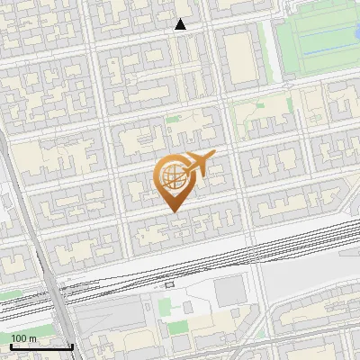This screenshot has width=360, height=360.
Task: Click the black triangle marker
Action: tap(181, 25)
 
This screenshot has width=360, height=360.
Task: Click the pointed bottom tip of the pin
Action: tap(172, 211)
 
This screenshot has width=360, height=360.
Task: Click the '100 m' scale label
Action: tap(23, 338)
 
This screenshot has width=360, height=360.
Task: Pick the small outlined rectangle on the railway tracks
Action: tap(169, 284)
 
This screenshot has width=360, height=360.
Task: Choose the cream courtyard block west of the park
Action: tap(238, 54)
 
